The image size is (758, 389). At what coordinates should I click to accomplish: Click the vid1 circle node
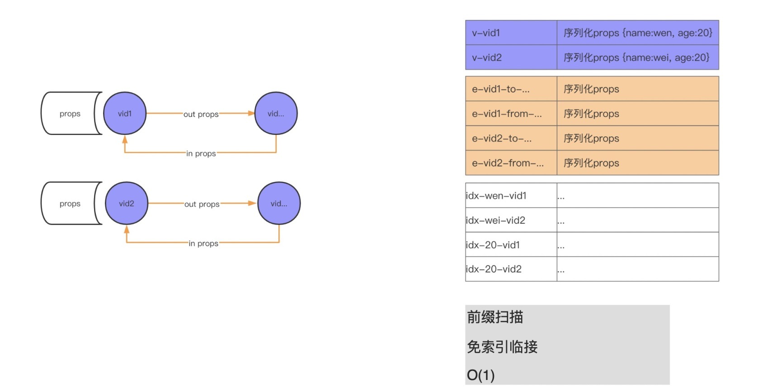[x=125, y=113]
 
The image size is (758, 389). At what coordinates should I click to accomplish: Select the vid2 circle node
[x=127, y=203]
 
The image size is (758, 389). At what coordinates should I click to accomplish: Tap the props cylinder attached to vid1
[x=70, y=114]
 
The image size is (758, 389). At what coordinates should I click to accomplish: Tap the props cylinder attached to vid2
[x=70, y=204]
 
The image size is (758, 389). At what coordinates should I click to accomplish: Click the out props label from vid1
[x=201, y=114]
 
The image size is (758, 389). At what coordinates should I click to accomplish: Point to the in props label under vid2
[x=203, y=243]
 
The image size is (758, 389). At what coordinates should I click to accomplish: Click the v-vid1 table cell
[x=511, y=32]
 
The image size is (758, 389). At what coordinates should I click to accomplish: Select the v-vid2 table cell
[x=511, y=57]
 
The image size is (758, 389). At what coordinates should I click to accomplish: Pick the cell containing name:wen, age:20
[x=637, y=32]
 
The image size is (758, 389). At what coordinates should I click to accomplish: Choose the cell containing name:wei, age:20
[x=637, y=57]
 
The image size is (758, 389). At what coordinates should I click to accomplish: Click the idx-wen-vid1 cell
[x=511, y=195]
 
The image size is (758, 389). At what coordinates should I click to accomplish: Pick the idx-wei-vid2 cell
[x=511, y=220]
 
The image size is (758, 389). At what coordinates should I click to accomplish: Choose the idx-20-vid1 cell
[x=511, y=245]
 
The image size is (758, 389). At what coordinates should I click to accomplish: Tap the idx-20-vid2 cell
[x=511, y=269]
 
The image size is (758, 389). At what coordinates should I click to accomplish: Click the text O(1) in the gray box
[x=480, y=375]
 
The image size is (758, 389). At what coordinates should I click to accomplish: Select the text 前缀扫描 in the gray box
[x=495, y=317]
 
